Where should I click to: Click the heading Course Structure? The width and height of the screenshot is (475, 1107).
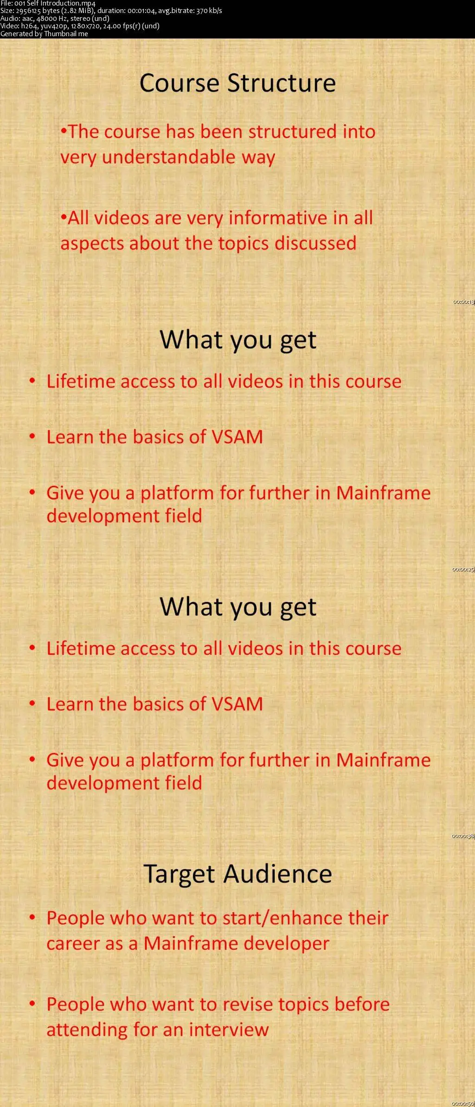[237, 83]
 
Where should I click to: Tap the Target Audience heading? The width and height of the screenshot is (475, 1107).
[237, 874]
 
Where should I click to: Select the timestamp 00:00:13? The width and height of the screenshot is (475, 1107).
[463, 302]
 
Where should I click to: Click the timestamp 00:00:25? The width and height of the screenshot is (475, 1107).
[463, 569]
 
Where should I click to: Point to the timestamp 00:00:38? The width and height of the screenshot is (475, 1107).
[463, 836]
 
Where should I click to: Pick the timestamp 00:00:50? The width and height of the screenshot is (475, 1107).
[463, 1103]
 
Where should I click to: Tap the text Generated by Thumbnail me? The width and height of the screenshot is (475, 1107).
[44, 34]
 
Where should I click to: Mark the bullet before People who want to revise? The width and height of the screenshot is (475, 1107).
[32, 1004]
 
